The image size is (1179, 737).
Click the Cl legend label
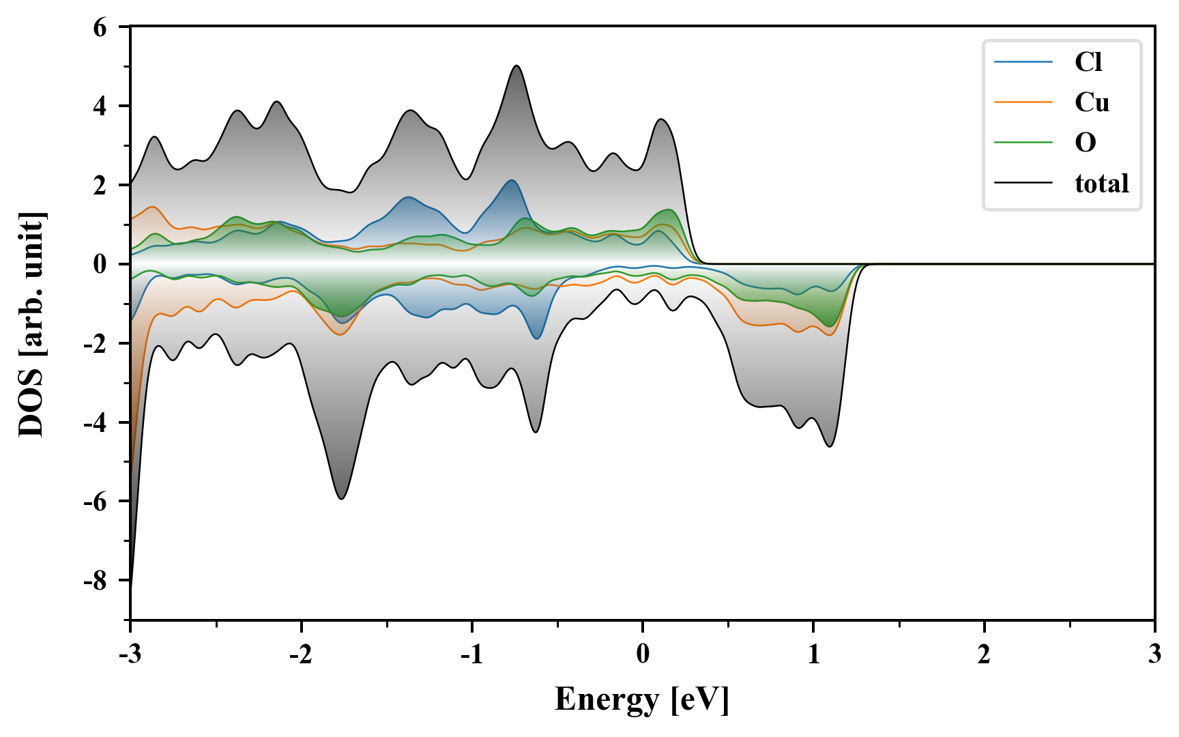pyautogui.click(x=1088, y=62)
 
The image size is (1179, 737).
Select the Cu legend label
pyautogui.click(x=1092, y=102)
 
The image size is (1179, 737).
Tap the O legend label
pyautogui.click(x=1086, y=143)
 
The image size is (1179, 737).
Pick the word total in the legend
pyautogui.click(x=1102, y=183)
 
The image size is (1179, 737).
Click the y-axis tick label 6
pyautogui.click(x=100, y=27)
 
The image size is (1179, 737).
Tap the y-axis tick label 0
pyautogui.click(x=100, y=264)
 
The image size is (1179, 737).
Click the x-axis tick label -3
pyautogui.click(x=130, y=654)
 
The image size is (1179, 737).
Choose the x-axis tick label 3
pyautogui.click(x=1154, y=654)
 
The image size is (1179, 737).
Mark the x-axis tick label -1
pyautogui.click(x=471, y=654)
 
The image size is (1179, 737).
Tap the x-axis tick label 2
pyautogui.click(x=984, y=654)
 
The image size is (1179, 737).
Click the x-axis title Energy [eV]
pyautogui.click(x=642, y=699)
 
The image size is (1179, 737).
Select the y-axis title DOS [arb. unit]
pyautogui.click(x=31, y=324)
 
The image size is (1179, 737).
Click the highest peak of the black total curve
pyautogui.click(x=516, y=66)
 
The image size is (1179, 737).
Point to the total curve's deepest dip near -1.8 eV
pyautogui.click(x=341, y=499)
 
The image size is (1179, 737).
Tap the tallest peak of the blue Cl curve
pyautogui.click(x=511, y=180)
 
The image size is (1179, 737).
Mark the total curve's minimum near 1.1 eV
pyautogui.click(x=830, y=446)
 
